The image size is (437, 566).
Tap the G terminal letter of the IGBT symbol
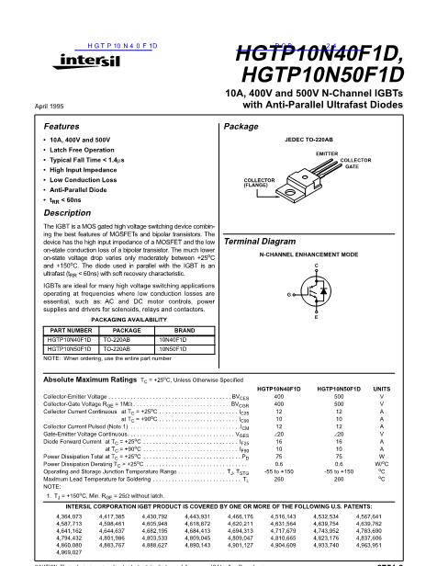point(289,295)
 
